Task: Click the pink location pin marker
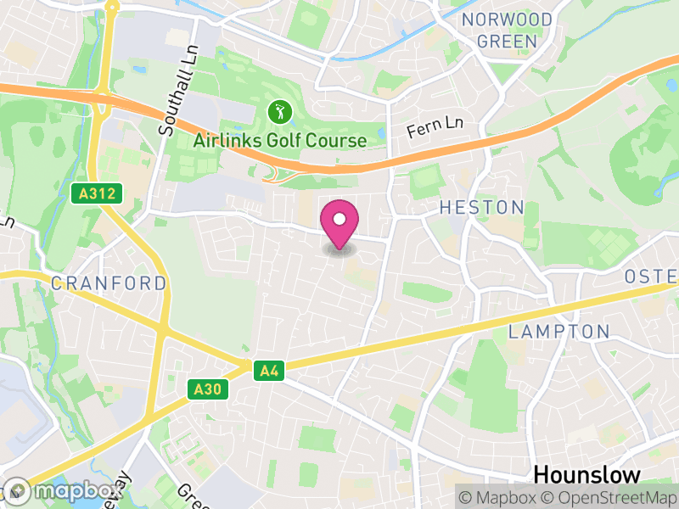[x=339, y=223]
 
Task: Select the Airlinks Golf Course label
[x=280, y=141]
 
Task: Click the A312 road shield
[x=97, y=193]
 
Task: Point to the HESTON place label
[x=481, y=207]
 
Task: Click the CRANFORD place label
[x=109, y=283]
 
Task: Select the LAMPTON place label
[x=559, y=332]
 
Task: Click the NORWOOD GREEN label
[x=507, y=30]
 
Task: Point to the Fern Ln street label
[x=435, y=127]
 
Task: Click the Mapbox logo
[x=64, y=491]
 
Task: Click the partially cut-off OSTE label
[x=652, y=277]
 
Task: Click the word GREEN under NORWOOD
[x=507, y=41]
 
